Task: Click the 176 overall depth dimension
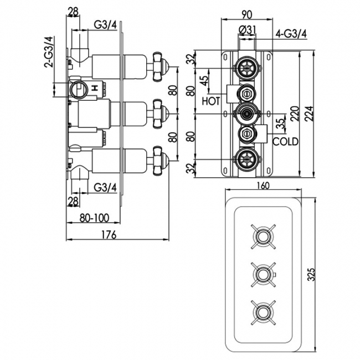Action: tap(109, 234)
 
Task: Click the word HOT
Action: tap(211, 101)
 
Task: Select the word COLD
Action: tap(286, 142)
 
